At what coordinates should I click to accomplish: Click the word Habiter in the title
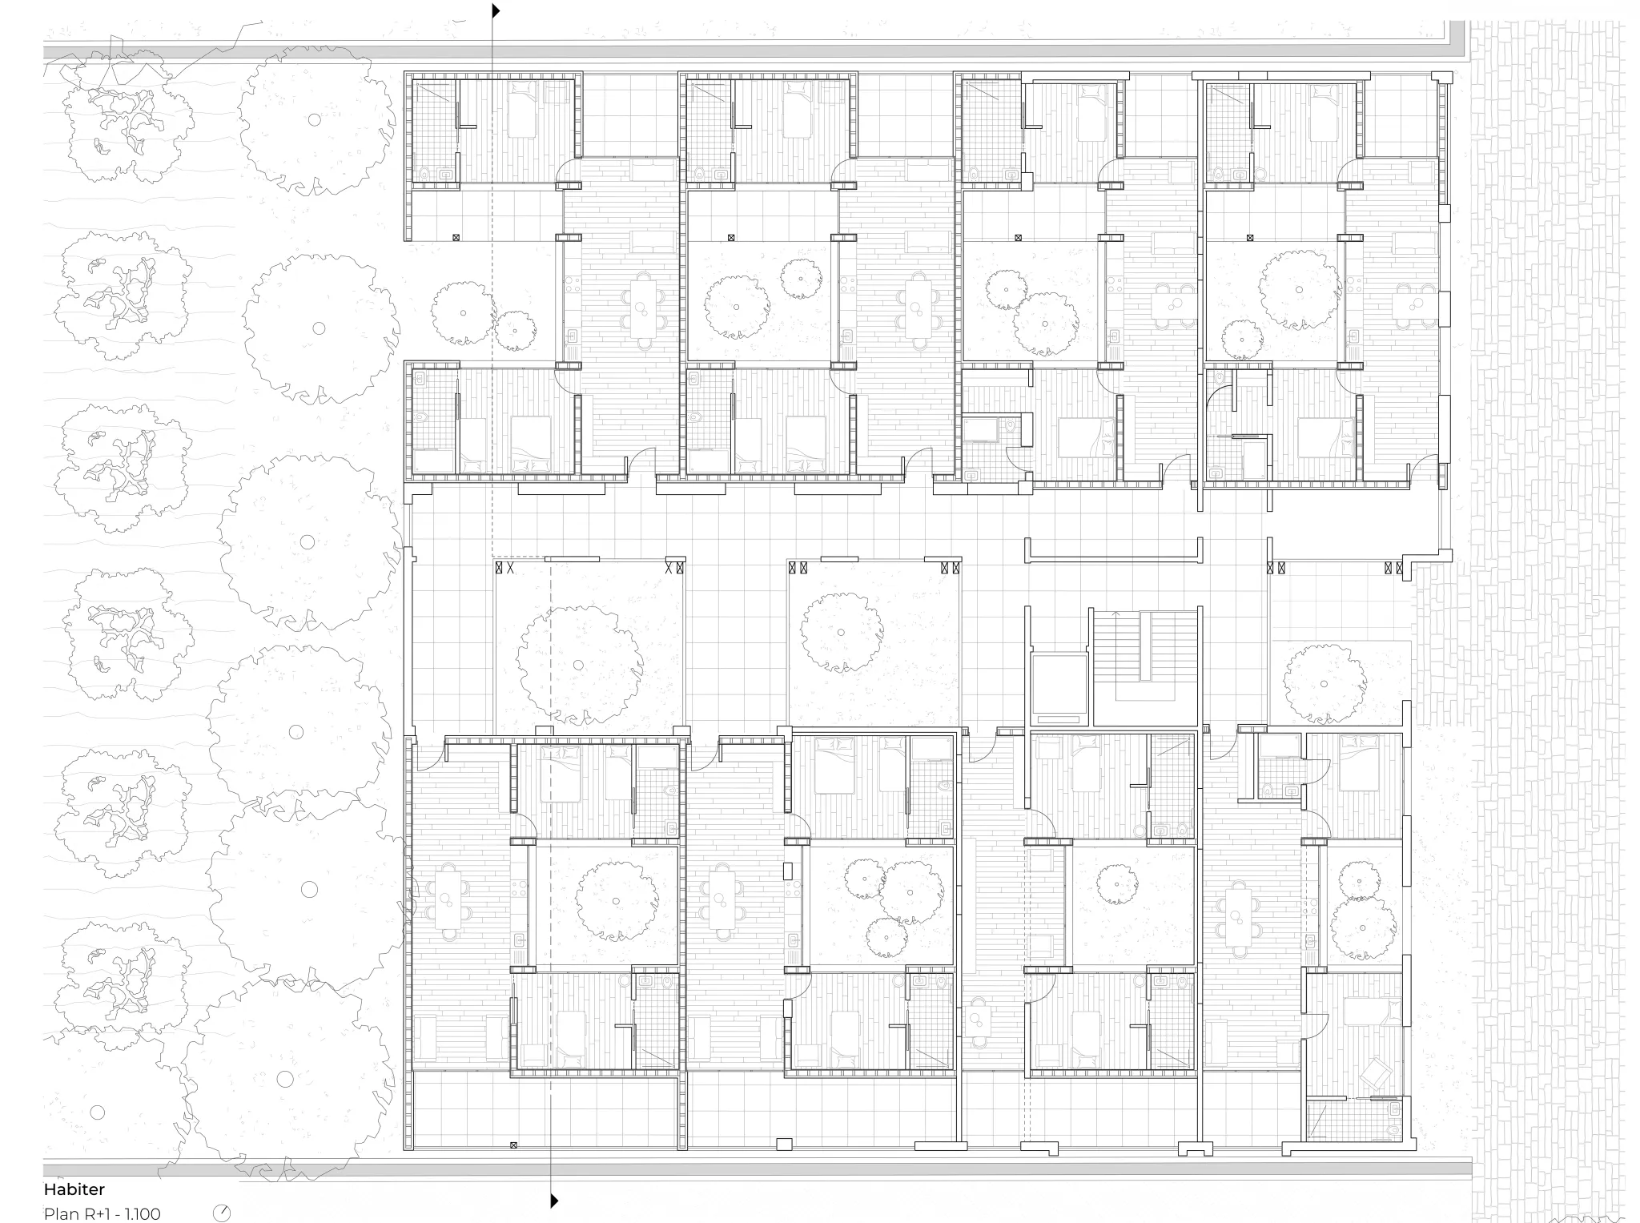74,1189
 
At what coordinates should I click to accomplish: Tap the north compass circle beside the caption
222,1213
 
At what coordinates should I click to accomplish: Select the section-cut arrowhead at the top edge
496,11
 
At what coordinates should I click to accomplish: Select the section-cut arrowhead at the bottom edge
554,1201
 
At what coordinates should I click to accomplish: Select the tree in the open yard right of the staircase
1324,682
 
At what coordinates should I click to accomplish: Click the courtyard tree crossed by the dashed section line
579,664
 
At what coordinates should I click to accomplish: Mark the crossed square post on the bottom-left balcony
513,1145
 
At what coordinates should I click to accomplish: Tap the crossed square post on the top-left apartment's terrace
456,238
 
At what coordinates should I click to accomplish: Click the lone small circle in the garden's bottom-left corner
97,1112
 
